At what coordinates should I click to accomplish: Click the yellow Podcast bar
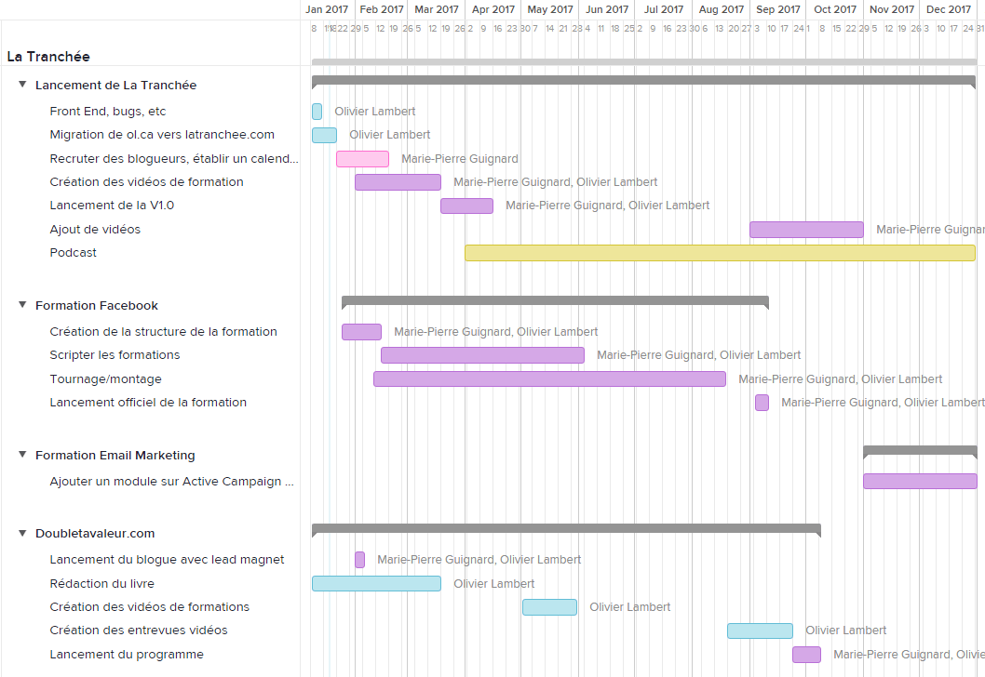point(719,253)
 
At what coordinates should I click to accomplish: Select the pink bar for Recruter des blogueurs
point(362,159)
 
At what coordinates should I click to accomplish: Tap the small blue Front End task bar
point(317,112)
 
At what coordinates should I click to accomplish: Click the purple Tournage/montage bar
point(549,379)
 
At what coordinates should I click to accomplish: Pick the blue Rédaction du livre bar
point(376,584)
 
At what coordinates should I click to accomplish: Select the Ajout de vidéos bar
point(806,230)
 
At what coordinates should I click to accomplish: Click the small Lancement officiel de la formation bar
point(762,403)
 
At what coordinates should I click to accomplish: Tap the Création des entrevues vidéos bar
point(760,631)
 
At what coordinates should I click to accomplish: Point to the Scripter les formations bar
point(482,355)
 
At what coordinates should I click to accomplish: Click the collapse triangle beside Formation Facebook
point(23,305)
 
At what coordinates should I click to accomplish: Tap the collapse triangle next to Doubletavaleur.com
point(23,533)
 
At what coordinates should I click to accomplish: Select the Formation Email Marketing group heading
point(115,456)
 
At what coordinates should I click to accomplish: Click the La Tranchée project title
point(48,57)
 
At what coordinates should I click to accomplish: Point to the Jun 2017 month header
point(606,9)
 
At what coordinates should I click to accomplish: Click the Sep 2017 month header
point(778,9)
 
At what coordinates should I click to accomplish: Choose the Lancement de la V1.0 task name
point(112,206)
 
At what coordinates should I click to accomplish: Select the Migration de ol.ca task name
point(162,135)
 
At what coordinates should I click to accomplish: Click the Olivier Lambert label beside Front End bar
point(375,112)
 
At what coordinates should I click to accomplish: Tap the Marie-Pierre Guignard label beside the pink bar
point(460,159)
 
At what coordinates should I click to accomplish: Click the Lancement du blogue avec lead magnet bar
point(359,560)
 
